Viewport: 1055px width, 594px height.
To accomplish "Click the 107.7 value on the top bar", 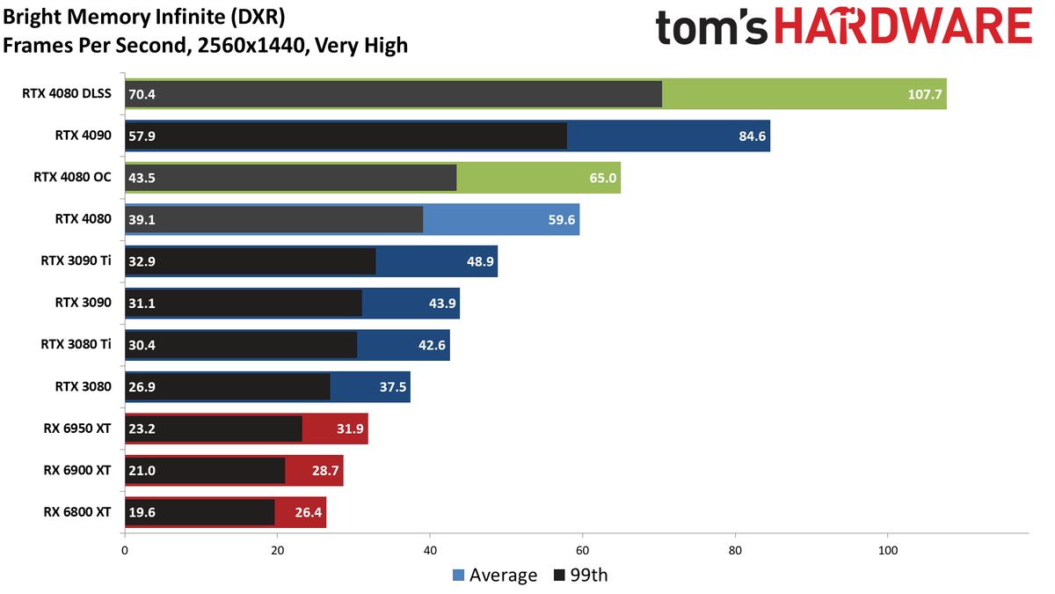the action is point(925,94).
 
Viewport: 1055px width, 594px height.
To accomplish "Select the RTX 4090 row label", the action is point(84,136).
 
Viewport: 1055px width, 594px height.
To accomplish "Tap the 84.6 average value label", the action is point(753,136).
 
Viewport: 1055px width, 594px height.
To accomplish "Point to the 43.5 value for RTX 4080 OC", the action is point(142,178).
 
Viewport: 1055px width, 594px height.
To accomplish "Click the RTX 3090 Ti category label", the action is point(76,260).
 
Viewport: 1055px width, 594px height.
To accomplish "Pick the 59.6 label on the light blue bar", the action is point(562,220).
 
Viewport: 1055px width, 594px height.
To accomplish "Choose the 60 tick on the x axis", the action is point(583,550).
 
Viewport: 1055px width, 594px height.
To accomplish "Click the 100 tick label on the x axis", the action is point(888,550).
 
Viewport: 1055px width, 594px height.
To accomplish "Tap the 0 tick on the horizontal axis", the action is point(125,550).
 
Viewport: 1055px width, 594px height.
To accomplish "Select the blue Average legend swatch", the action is point(458,576).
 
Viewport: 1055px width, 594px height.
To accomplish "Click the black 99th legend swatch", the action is point(559,576).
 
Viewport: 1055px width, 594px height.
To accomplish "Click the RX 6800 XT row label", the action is point(77,511).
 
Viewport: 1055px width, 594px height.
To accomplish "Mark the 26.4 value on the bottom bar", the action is point(309,512).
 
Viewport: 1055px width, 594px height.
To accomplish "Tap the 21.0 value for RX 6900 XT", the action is point(142,471).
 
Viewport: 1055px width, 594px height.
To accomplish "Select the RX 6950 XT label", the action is point(77,428).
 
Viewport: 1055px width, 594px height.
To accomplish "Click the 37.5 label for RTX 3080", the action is point(393,387).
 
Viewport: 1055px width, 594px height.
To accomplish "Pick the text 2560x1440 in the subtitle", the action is point(251,46).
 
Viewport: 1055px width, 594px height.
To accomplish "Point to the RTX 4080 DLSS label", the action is point(67,93).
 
